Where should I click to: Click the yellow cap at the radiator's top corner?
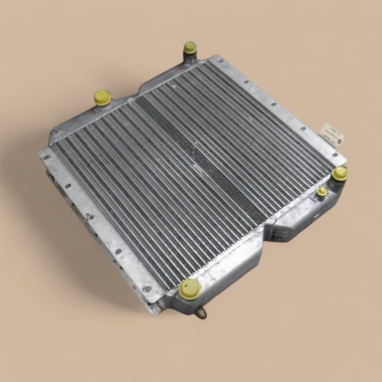click(190, 47)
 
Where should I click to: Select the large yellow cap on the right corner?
click(340, 174)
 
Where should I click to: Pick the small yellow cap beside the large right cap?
click(323, 191)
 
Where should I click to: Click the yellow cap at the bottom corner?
click(189, 288)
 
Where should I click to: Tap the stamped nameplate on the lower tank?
click(274, 233)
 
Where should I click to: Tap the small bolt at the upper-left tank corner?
click(55, 133)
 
